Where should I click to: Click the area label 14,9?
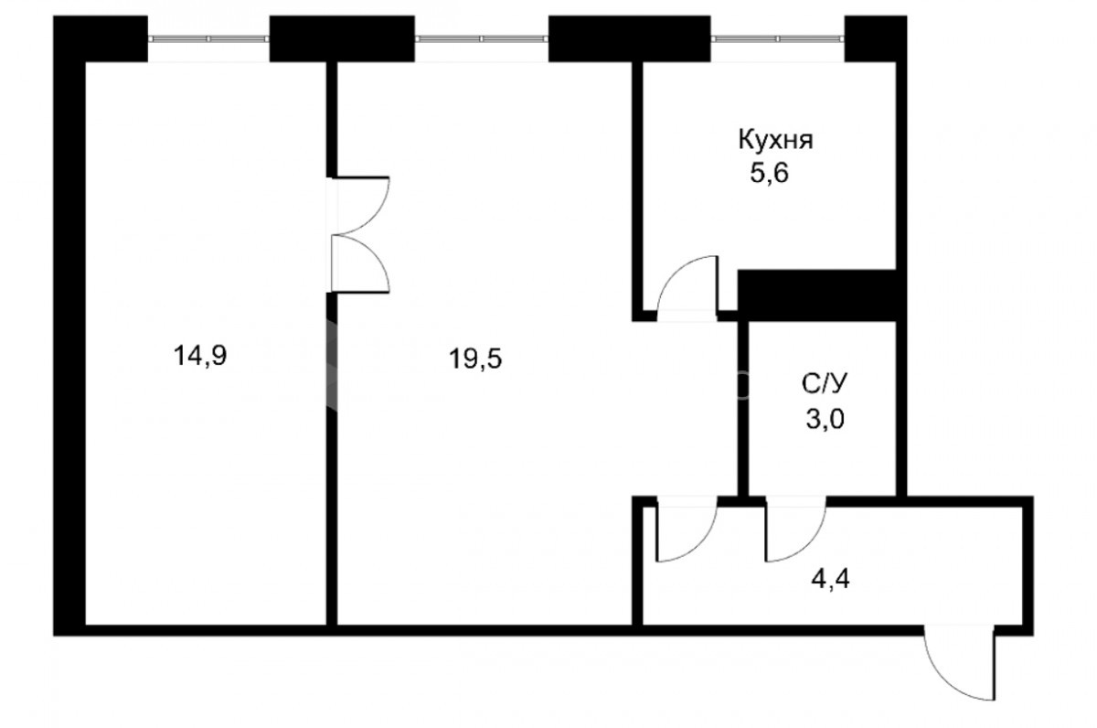pos(200,356)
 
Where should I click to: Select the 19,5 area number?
pos(475,359)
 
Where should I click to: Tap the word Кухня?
pos(776,140)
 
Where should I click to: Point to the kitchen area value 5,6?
pos(770,173)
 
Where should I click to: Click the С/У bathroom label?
pos(825,384)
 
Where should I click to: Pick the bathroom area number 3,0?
pos(825,420)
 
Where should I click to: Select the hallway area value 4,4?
pos(831,580)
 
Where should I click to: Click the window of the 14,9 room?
pos(208,38)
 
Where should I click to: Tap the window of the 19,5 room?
pos(482,38)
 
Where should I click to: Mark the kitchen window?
pos(778,38)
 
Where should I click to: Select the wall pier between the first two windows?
pos(342,38)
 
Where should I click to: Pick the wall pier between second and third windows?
pos(629,38)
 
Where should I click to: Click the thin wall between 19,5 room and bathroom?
pos(743,409)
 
